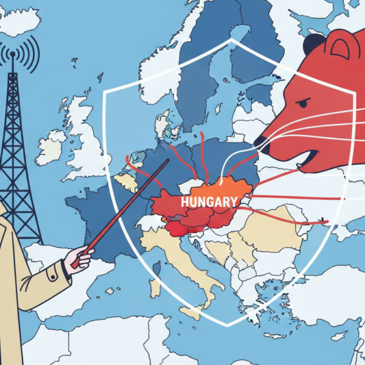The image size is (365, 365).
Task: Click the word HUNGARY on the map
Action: tap(201, 200)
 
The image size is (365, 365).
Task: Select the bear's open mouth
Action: tap(292, 159)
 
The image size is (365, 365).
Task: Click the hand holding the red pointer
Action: tap(80, 255)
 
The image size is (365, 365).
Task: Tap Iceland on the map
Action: tap(18, 21)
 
